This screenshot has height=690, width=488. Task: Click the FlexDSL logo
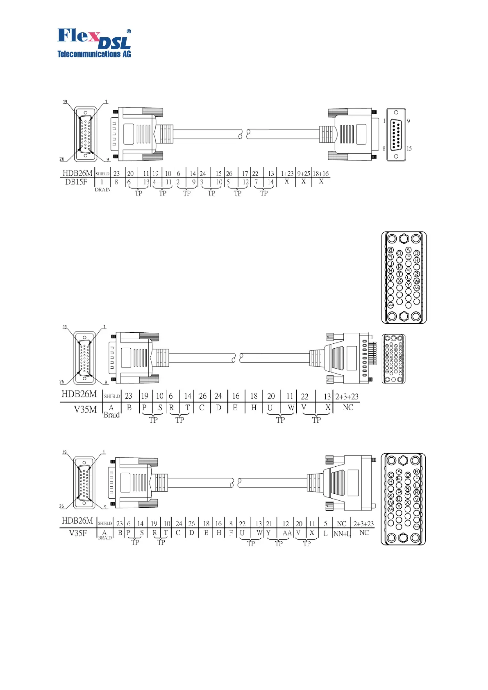point(94,43)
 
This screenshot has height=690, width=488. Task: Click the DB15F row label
point(76,182)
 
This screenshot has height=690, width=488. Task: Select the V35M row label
point(85,409)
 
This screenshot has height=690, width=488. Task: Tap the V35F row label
point(78,533)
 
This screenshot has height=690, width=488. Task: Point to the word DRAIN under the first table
point(102,190)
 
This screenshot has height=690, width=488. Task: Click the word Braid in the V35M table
point(111,415)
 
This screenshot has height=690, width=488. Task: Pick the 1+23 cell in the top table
point(287,174)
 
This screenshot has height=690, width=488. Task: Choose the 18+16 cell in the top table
point(321,174)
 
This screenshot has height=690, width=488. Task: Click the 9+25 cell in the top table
point(304,174)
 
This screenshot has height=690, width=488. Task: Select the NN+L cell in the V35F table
point(342,533)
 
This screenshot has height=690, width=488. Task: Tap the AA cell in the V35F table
point(287,533)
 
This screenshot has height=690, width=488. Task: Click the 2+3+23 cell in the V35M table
point(347,397)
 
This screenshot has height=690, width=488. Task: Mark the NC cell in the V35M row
point(348,407)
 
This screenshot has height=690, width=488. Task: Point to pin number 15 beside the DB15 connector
point(409,149)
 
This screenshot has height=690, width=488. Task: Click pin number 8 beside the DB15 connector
point(384,149)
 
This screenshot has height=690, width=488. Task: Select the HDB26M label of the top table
point(77,173)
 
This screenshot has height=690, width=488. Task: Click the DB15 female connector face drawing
point(396,134)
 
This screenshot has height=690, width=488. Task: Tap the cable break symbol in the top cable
point(243,134)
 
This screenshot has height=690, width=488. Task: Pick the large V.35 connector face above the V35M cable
point(404,277)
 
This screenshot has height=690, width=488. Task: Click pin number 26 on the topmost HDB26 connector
point(62,159)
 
